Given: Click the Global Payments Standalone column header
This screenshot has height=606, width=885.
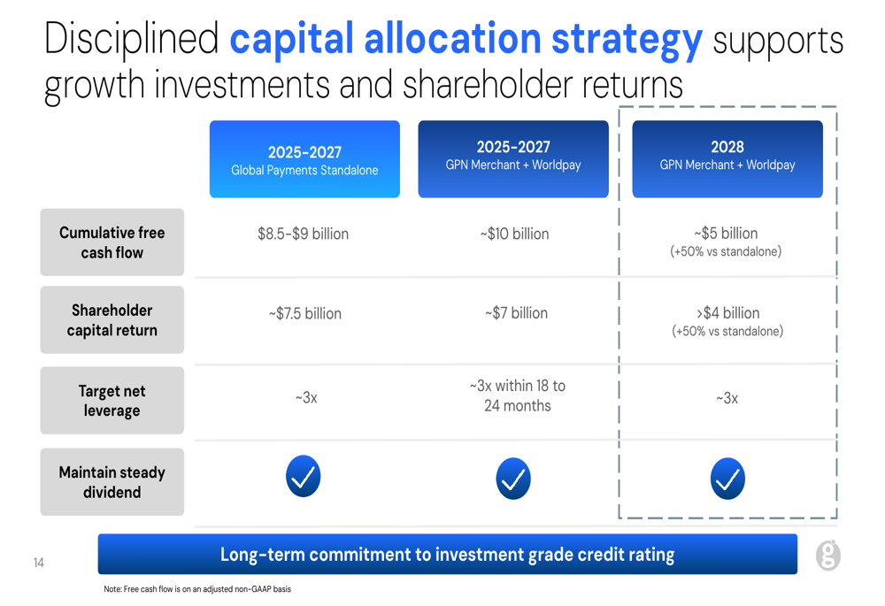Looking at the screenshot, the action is pyautogui.click(x=304, y=159).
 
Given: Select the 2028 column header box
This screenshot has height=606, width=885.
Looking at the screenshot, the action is pyautogui.click(x=727, y=159).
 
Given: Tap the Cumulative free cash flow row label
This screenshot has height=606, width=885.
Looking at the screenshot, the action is pyautogui.click(x=112, y=242).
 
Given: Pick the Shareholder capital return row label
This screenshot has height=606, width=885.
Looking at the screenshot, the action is pyautogui.click(x=112, y=320).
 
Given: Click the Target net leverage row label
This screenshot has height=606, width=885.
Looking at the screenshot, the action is pyautogui.click(x=112, y=401).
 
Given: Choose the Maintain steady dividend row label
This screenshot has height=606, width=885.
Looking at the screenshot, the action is pyautogui.click(x=112, y=482).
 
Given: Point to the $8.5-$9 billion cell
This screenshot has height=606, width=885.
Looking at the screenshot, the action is pyautogui.click(x=303, y=234).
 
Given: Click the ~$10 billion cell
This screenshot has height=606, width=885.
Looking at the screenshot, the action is pyautogui.click(x=514, y=234).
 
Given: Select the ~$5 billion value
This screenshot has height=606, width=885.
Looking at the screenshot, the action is pyautogui.click(x=726, y=233).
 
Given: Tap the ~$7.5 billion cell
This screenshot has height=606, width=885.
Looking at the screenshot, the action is pyautogui.click(x=304, y=313).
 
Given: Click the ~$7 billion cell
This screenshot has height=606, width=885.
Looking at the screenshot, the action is pyautogui.click(x=516, y=312).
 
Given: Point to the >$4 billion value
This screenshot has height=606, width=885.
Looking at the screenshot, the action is pyautogui.click(x=727, y=312).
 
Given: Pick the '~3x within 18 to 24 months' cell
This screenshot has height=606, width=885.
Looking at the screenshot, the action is pyautogui.click(x=517, y=395).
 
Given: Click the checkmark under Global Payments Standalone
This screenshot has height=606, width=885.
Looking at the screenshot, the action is pyautogui.click(x=303, y=476).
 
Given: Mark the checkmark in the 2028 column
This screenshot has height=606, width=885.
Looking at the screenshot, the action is pyautogui.click(x=727, y=479).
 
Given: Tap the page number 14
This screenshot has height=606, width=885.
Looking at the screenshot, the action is pyautogui.click(x=38, y=563).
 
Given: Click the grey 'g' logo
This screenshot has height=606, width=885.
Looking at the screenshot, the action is pyautogui.click(x=828, y=556).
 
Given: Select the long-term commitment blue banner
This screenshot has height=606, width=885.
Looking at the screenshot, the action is pyautogui.click(x=448, y=554).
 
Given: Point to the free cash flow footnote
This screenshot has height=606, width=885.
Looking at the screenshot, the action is pyautogui.click(x=197, y=589).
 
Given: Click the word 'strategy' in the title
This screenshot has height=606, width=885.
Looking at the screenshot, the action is pyautogui.click(x=627, y=40).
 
